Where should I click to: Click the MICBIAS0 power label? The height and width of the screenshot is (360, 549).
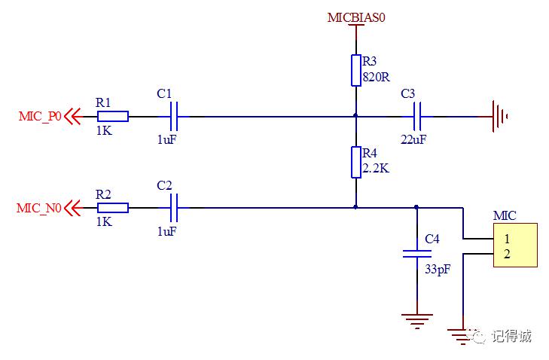(356, 17)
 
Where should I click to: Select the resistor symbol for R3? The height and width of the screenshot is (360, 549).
(356, 70)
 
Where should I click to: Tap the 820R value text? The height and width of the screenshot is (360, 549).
(376, 77)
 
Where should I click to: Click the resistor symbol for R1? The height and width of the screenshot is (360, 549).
(113, 116)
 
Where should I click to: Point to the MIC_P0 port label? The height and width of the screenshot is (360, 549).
(40, 116)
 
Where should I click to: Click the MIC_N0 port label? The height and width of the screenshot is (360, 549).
(39, 208)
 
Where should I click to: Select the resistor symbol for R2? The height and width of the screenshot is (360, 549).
(113, 208)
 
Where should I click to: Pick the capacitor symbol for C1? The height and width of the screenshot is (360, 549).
(173, 116)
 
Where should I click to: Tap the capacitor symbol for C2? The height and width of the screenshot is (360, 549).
(173, 208)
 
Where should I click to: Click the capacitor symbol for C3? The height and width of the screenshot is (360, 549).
(416, 116)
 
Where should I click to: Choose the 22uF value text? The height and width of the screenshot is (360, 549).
(413, 139)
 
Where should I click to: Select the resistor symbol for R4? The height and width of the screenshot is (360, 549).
(356, 162)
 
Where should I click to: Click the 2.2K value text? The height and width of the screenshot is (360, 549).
(376, 169)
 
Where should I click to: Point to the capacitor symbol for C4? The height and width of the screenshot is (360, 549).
(416, 254)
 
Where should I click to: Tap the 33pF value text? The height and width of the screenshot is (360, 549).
(438, 270)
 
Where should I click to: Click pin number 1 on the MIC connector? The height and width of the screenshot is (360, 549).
(507, 239)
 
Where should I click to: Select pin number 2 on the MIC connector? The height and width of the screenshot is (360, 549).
(507, 254)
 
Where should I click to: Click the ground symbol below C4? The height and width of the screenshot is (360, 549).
(416, 321)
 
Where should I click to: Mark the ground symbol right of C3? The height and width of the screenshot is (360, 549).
(499, 116)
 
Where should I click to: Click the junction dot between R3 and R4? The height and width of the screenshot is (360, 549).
(355, 115)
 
